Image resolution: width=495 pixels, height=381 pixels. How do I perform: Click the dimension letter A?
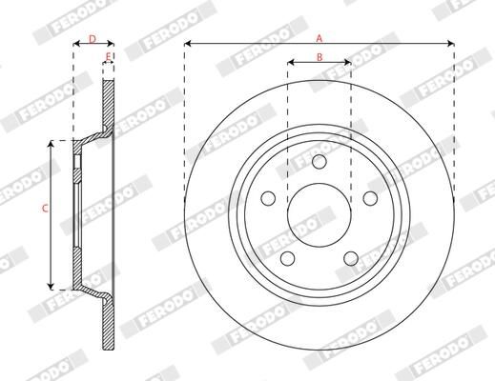pyautogui.click(x=320, y=36)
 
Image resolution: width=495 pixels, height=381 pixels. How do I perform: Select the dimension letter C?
pyautogui.click(x=44, y=208)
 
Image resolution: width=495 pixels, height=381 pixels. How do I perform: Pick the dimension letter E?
pyautogui.click(x=108, y=58)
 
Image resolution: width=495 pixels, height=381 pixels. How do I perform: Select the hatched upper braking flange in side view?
pyautogui.click(x=108, y=105)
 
